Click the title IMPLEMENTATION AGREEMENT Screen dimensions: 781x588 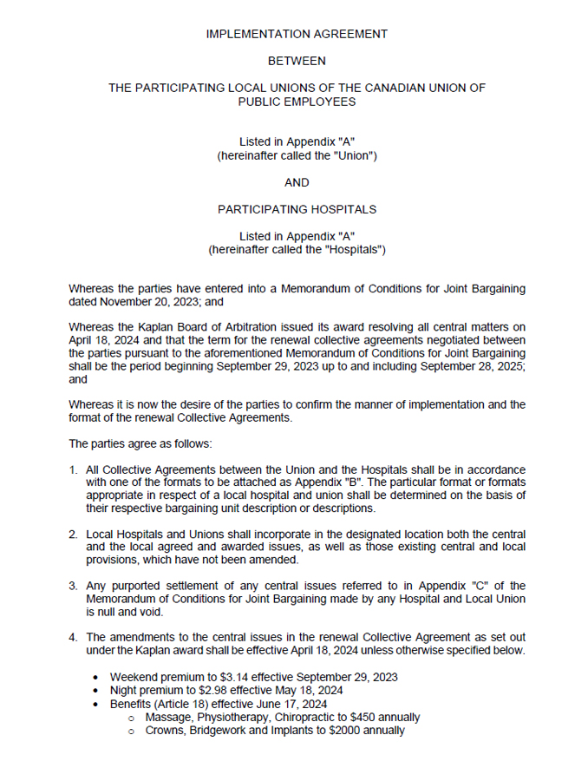[x=297, y=34]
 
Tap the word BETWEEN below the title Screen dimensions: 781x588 [x=297, y=61]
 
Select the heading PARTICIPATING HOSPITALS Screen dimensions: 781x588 [x=297, y=209]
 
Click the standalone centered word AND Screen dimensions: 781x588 [x=297, y=182]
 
